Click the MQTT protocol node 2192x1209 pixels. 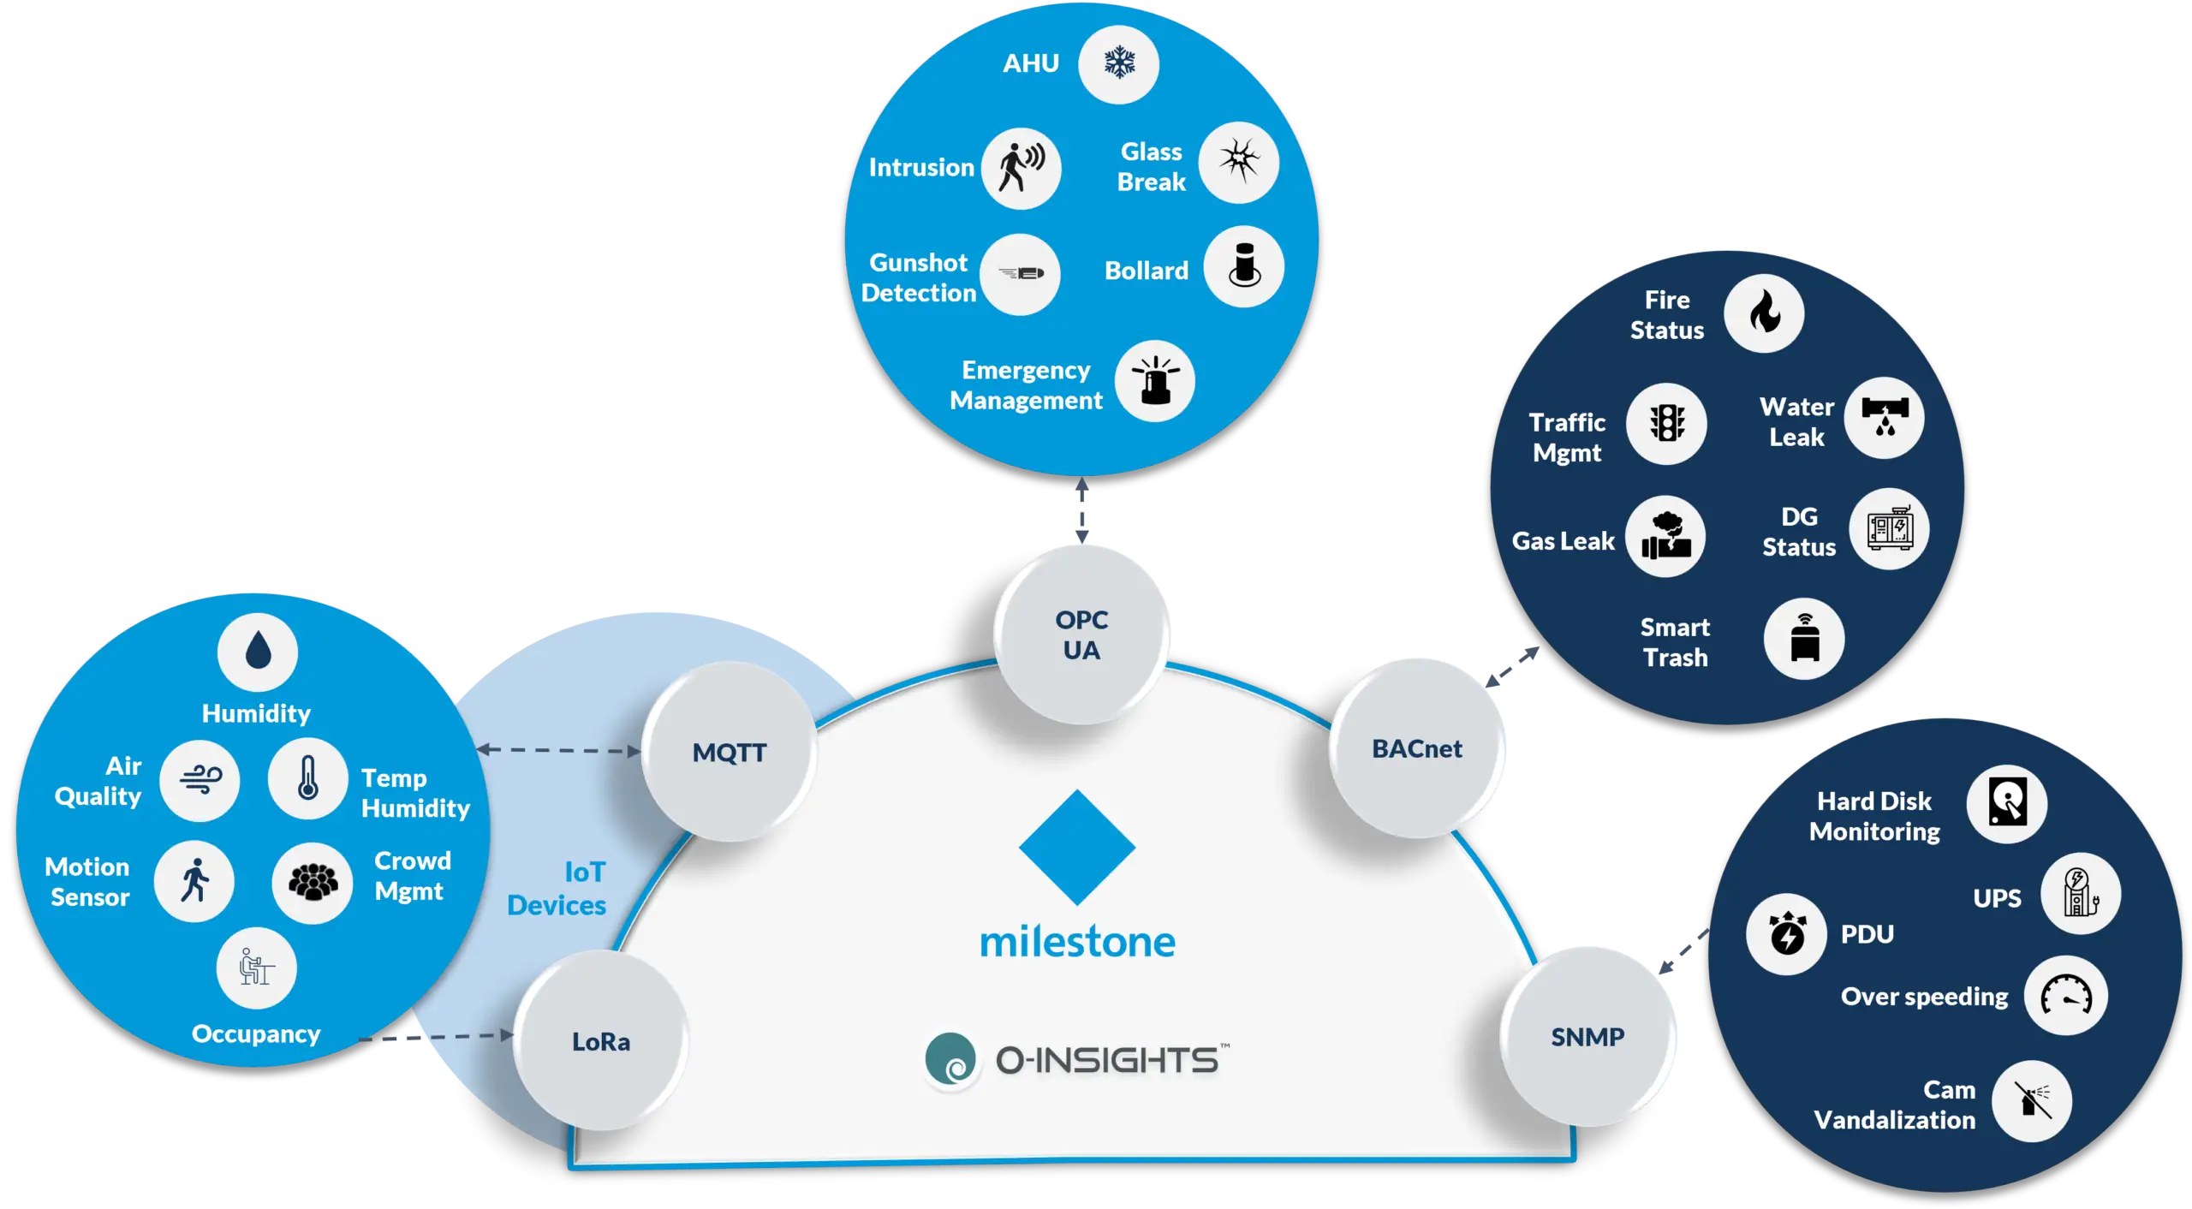pyautogui.click(x=729, y=752)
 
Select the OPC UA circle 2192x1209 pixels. pyautogui.click(x=1081, y=634)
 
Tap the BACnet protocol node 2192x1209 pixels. pyautogui.click(x=1417, y=748)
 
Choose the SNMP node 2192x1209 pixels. pyautogui.click(x=1587, y=1037)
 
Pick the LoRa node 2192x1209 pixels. pyautogui.click(x=600, y=1041)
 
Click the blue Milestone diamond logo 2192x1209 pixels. pyautogui.click(x=1077, y=847)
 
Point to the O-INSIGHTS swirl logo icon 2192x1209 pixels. pyautogui.click(x=950, y=1059)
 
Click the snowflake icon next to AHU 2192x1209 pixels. pyautogui.click(x=1118, y=63)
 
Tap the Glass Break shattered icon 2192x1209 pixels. pyautogui.click(x=1238, y=162)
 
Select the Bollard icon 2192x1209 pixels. pyautogui.click(x=1243, y=266)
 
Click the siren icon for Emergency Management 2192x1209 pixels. pyautogui.click(x=1154, y=381)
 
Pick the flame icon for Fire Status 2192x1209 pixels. pyautogui.click(x=1764, y=313)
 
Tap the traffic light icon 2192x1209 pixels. pyautogui.click(x=1666, y=423)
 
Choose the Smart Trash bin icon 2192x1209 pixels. pyautogui.click(x=1804, y=639)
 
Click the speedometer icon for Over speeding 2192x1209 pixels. pyautogui.click(x=2065, y=995)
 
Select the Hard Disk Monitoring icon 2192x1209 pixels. pyautogui.click(x=2006, y=804)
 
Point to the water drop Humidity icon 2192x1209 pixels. pyautogui.click(x=258, y=652)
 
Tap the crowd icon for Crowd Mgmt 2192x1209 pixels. pyautogui.click(x=312, y=882)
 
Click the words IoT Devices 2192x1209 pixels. pyautogui.click(x=557, y=888)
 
